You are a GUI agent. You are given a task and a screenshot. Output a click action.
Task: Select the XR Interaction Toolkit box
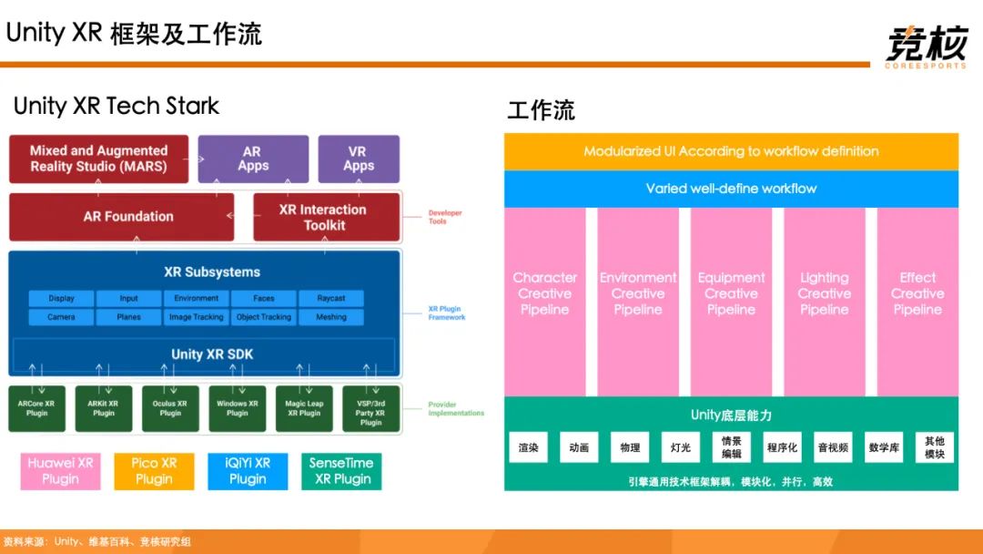coord(326,217)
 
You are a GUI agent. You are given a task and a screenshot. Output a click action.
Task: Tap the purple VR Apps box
coord(359,159)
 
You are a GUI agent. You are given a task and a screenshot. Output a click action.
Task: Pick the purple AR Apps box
coord(252,159)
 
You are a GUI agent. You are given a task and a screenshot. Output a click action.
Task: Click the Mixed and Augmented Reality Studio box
coord(98,159)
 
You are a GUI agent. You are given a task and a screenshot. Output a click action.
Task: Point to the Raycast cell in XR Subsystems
coord(331,298)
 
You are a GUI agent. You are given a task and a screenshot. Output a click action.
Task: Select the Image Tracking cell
coord(196,317)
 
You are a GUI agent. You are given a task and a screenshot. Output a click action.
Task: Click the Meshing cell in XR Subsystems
coord(331,317)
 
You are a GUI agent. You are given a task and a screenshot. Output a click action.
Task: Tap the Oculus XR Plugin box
coord(170,408)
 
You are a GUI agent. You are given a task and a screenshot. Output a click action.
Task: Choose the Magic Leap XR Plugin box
coord(304,408)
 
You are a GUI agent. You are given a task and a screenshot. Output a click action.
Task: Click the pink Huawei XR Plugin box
coord(60,471)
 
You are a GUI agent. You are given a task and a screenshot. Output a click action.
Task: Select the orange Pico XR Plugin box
coord(154,471)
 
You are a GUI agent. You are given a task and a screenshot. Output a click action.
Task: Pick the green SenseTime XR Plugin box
coord(341,471)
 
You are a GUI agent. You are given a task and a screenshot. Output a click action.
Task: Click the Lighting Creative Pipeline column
coord(824,293)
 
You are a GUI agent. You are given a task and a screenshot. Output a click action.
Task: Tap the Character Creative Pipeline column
coord(544,293)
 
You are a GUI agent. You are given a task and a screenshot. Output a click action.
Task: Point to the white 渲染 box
coord(528,447)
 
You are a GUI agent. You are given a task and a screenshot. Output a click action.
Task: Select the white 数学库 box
coord(884,447)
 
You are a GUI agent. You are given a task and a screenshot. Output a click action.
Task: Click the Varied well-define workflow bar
coord(731,189)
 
